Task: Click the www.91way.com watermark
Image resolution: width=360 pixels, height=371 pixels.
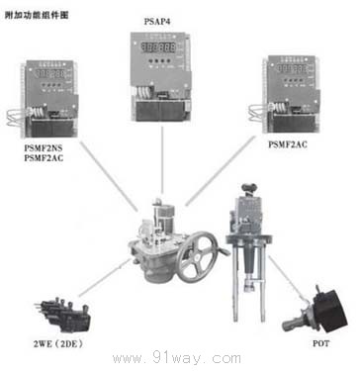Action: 179,358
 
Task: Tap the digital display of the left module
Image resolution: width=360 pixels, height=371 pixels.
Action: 50,74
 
